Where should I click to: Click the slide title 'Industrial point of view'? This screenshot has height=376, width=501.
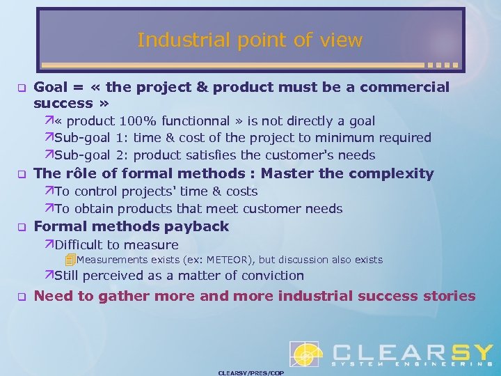point(250,40)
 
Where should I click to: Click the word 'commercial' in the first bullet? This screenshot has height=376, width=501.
point(408,87)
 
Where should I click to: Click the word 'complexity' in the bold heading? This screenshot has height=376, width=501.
point(398,173)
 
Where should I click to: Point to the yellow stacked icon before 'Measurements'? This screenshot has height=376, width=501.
point(70,260)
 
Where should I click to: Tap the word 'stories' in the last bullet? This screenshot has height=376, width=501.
point(449,296)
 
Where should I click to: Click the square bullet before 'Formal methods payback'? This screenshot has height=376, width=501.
point(21,227)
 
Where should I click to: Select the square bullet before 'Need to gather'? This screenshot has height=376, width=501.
point(21,297)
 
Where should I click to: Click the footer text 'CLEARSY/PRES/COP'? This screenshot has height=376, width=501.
point(250,373)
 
